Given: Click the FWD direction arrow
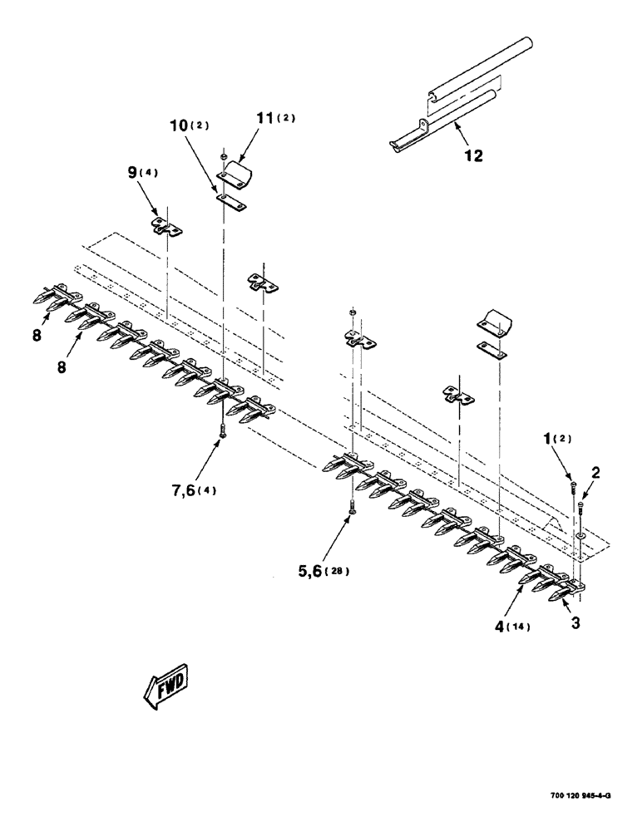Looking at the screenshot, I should (165, 686).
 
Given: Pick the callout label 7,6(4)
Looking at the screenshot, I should (190, 489).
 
